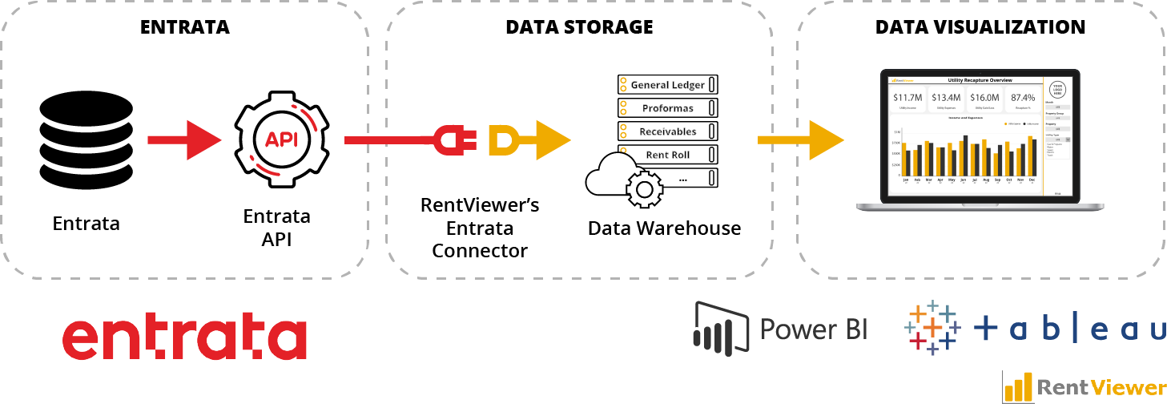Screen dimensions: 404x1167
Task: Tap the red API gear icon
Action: coord(281,139)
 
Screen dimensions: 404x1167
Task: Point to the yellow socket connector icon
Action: coord(503,139)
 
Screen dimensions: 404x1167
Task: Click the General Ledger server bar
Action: coord(666,84)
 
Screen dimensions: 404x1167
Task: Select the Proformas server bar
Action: coord(666,107)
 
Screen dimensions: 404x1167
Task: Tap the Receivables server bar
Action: coord(666,131)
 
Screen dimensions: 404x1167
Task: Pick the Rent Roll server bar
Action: coord(666,154)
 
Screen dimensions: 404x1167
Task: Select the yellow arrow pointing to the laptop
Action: coord(801,139)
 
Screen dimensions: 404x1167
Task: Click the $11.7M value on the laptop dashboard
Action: coord(907,98)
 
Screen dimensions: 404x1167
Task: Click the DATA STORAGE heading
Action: coord(579,27)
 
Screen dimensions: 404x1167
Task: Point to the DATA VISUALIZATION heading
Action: coord(980,27)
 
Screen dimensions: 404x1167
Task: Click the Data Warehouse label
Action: coord(664,228)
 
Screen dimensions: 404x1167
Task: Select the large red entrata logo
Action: coord(184,338)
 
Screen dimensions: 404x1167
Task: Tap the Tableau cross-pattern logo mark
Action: coord(932,329)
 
